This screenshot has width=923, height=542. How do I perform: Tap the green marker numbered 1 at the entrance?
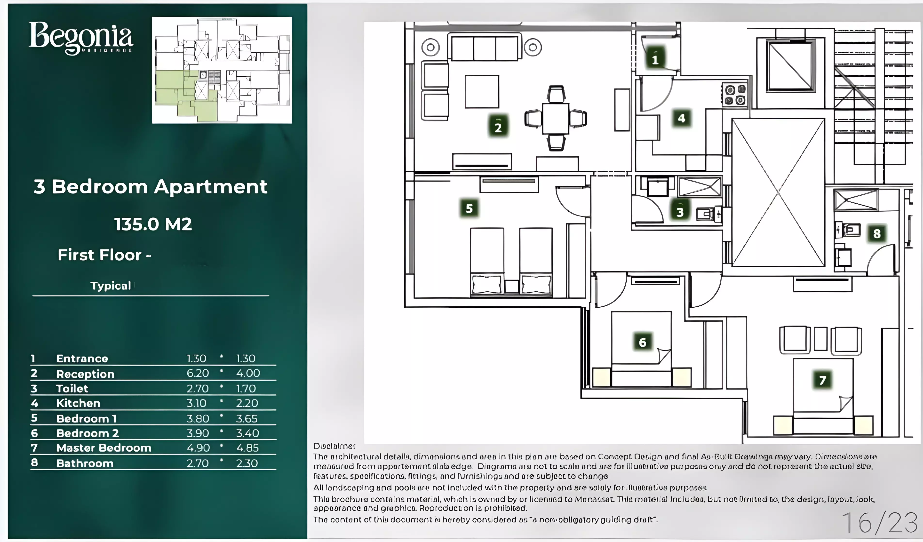[655, 59]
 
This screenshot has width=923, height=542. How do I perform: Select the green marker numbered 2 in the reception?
[498, 127]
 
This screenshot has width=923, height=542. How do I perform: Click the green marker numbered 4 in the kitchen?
[681, 118]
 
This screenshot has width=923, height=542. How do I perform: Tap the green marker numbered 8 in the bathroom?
[876, 233]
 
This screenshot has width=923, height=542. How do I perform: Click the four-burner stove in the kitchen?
[735, 95]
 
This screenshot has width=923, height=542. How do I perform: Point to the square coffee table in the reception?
[482, 92]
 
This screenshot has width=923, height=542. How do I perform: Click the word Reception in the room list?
[85, 374]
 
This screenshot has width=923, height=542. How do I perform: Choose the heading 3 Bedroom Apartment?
[150, 187]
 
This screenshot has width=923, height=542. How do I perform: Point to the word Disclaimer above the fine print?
[334, 446]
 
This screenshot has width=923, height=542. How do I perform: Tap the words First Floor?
[100, 255]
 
